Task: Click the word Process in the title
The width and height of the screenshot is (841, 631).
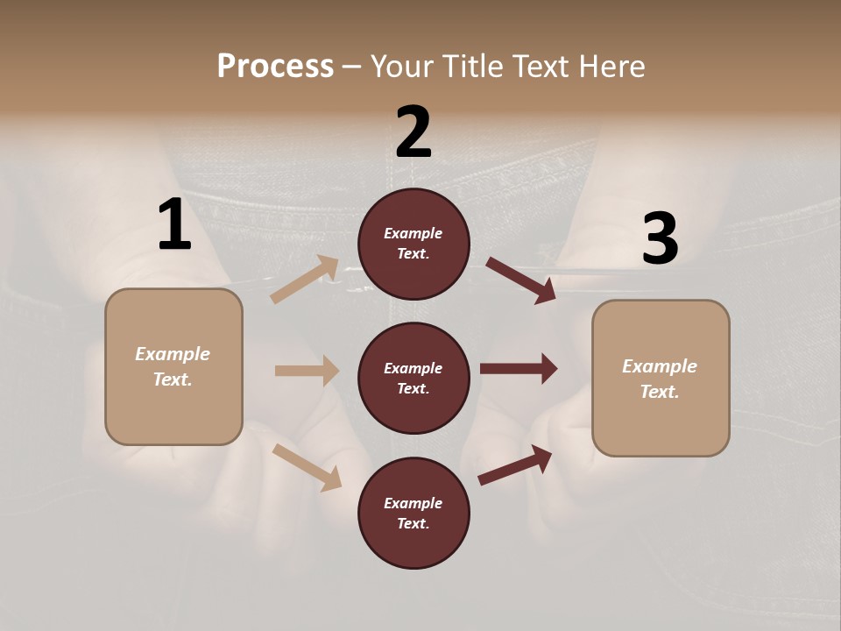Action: point(275,66)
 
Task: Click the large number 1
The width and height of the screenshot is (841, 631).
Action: point(174,225)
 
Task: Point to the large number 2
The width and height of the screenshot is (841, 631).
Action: point(413,132)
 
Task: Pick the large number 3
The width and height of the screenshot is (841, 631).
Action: point(660,239)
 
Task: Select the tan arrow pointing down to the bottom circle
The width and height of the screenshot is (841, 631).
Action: point(307,467)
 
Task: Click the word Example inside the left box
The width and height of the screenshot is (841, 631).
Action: point(173,354)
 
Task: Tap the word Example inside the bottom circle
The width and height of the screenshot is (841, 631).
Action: point(413,503)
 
